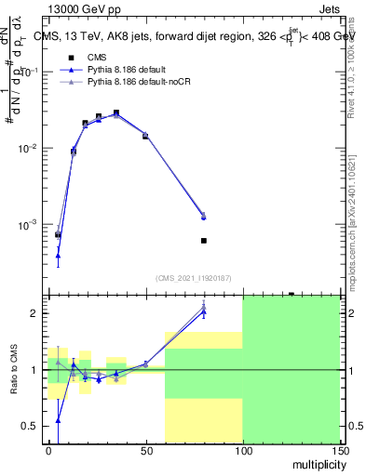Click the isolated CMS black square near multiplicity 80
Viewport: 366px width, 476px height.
click(x=204, y=241)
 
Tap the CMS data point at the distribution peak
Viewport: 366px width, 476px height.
click(x=116, y=112)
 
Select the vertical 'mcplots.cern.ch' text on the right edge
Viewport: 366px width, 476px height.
click(x=356, y=214)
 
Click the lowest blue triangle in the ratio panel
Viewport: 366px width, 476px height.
click(x=58, y=420)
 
